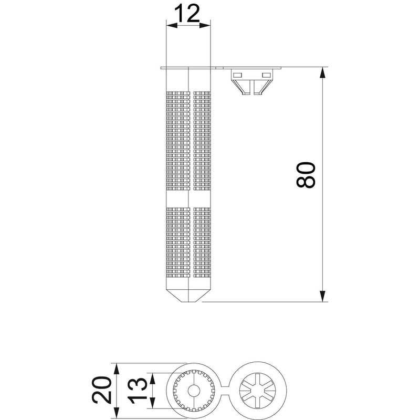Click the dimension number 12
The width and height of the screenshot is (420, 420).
point(187,14)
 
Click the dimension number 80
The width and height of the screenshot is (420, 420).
point(306,174)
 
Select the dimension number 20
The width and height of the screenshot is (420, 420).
point(102,390)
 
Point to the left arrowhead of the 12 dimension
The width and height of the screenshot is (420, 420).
point(172,25)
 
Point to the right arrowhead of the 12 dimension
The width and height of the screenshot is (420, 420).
point(205,25)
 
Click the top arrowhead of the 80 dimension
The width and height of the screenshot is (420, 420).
point(323,72)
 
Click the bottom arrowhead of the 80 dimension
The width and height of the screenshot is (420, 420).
point(323,296)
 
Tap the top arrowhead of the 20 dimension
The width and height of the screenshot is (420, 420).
point(116,369)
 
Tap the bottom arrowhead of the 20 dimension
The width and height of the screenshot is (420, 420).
point(116,413)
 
